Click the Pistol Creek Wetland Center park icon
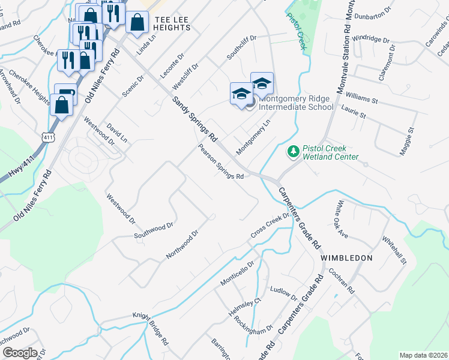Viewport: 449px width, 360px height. click(x=293, y=152)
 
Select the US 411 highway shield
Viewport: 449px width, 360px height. click(x=46, y=138)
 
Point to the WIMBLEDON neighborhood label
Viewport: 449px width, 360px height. click(x=346, y=257)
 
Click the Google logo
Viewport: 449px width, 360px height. click(x=19, y=353)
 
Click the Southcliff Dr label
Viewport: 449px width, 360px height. click(x=241, y=47)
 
